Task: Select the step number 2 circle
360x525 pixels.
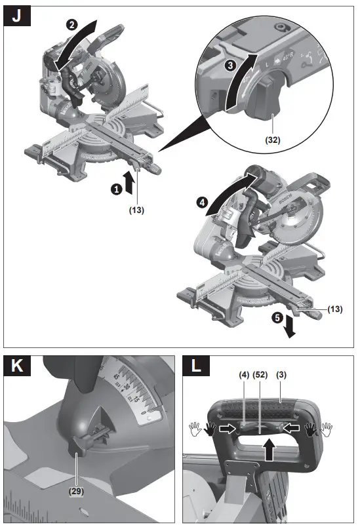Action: [x=71, y=25]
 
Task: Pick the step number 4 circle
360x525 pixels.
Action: [x=203, y=202]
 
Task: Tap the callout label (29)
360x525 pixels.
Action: [x=77, y=489]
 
